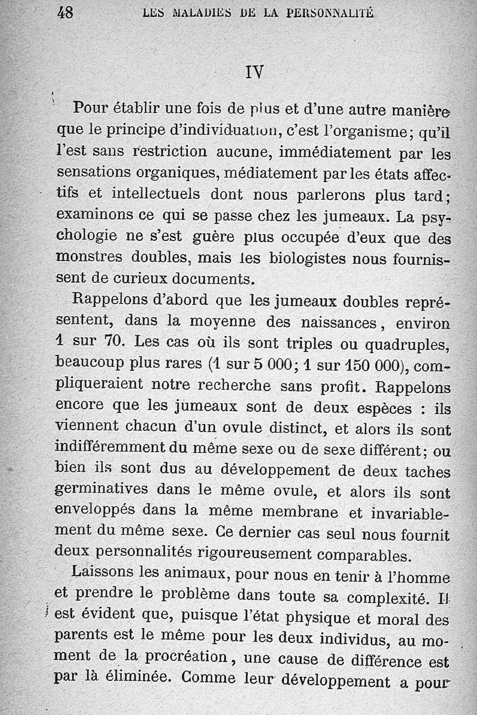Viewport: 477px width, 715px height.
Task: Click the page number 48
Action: pos(65,12)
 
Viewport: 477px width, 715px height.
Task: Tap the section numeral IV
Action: pos(254,72)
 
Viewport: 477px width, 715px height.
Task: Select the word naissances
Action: pos(321,323)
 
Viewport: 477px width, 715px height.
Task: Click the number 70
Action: pos(111,342)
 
